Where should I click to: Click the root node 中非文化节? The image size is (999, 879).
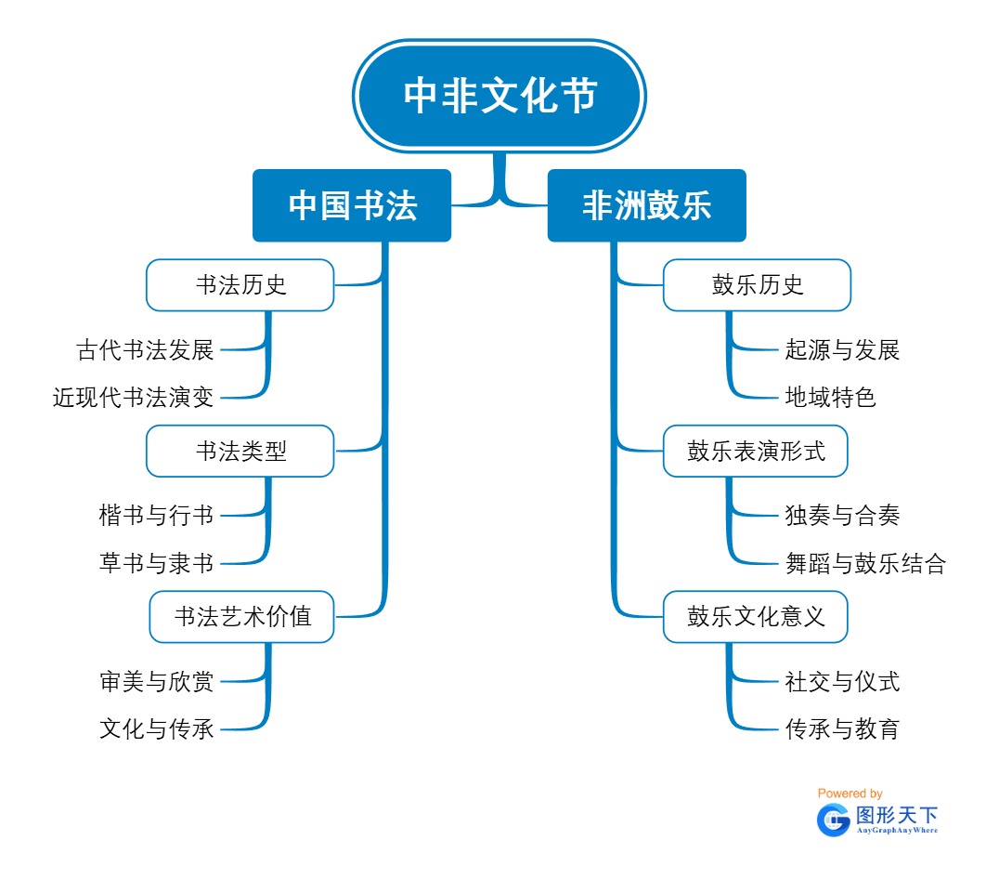point(499,96)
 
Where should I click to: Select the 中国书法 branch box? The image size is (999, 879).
point(352,205)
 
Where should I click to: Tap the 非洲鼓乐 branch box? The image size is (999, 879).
point(646,205)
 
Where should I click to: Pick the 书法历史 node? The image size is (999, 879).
point(240,285)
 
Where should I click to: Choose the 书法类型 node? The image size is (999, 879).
point(240,452)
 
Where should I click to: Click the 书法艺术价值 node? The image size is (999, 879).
point(241,616)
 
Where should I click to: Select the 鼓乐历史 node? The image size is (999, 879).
point(757,285)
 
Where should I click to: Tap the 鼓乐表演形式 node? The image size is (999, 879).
point(756,452)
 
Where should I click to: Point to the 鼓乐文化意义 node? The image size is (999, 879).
point(756,616)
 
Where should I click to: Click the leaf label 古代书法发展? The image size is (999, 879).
point(146,350)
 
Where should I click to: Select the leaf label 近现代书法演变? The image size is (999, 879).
point(134,398)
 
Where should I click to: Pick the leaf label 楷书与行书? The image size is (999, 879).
point(157,515)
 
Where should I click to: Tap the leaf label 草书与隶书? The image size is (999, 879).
point(157,563)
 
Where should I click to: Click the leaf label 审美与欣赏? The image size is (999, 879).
point(157,682)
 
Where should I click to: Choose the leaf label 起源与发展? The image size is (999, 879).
point(842,350)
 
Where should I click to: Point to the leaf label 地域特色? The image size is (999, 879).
point(830,398)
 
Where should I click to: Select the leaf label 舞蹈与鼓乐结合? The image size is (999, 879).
point(865,563)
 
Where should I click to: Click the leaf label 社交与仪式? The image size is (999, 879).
point(842,682)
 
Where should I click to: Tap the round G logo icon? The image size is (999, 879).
point(833,820)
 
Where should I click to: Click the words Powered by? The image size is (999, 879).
point(850,794)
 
